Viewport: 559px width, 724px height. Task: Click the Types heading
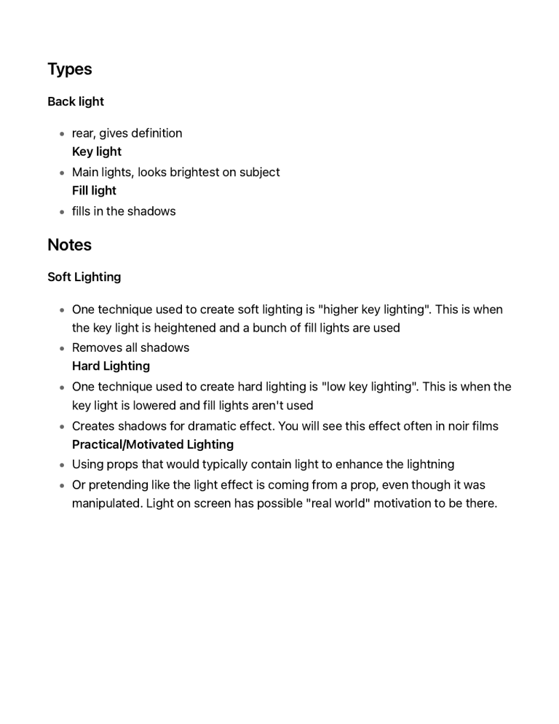pyautogui.click(x=70, y=69)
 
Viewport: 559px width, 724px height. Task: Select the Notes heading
pyautogui.click(x=69, y=245)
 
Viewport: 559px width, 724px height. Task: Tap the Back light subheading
pyautogui.click(x=76, y=101)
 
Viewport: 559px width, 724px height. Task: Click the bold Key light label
pyautogui.click(x=97, y=152)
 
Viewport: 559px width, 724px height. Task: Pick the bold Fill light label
pyautogui.click(x=94, y=191)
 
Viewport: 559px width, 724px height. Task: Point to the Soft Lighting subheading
pyautogui.click(x=84, y=277)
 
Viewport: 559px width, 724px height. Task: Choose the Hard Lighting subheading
pyautogui.click(x=111, y=366)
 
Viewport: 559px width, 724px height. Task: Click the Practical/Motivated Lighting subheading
pyautogui.click(x=153, y=444)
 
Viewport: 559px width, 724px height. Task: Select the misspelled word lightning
pyautogui.click(x=428, y=464)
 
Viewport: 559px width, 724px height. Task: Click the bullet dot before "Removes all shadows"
pyautogui.click(x=62, y=348)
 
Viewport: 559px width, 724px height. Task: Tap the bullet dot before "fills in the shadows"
pyautogui.click(x=62, y=212)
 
